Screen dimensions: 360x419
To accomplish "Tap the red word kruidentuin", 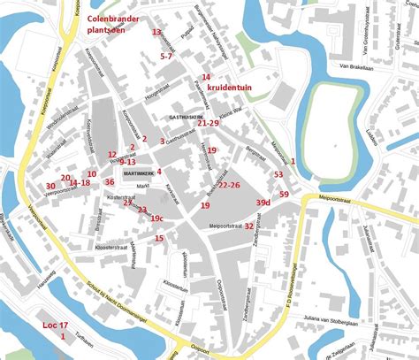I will pos(230,88).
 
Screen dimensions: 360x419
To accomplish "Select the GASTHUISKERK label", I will pos(187,116).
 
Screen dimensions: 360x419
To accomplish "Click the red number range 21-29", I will pos(208,123).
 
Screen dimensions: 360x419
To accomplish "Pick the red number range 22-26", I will pos(229,185).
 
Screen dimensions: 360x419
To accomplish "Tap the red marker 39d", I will pos(263,203).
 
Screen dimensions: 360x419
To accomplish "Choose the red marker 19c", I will pos(156,218).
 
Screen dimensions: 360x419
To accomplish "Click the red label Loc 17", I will pos(55,326).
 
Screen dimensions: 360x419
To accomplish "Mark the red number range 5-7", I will pos(166,56).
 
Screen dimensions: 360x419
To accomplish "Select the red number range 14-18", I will pos(79,182).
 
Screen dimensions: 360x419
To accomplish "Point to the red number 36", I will pos(109,181).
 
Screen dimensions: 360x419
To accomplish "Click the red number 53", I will pos(278,174).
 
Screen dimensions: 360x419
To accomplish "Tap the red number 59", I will pos(284,194).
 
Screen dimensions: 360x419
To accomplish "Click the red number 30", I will pos(50,186).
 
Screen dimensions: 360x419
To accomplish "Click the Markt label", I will pos(142,186).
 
